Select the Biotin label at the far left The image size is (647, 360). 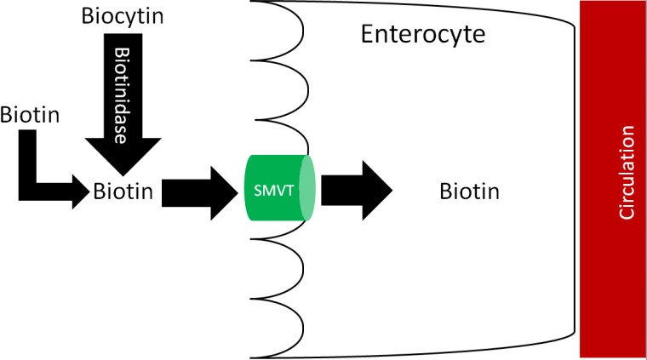(30, 113)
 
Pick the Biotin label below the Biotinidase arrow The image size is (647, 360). (124, 192)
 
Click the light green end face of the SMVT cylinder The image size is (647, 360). (308, 188)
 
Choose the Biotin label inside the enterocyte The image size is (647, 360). (467, 191)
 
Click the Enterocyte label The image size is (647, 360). (422, 35)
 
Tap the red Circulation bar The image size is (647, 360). (612, 179)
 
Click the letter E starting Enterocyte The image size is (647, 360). (367, 34)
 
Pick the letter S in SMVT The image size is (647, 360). (259, 189)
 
